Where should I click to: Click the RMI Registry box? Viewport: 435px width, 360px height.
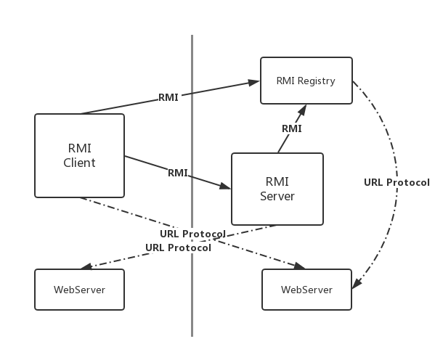pos(306,81)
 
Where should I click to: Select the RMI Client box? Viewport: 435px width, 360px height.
pos(79,155)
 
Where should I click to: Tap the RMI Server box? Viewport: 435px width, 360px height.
pos(277,188)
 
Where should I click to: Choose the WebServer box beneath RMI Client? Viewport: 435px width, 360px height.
pos(79,290)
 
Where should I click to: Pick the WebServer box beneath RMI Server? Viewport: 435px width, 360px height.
pos(306,290)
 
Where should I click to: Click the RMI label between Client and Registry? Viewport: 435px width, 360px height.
pos(168,97)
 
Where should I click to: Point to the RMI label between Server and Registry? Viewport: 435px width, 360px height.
pos(291,128)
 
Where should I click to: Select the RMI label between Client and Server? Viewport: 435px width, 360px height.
pos(178,173)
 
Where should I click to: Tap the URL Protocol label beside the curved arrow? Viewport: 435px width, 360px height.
pos(397,182)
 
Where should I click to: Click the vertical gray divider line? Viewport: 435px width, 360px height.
pos(192,305)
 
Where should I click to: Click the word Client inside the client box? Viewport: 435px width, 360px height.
pos(79,163)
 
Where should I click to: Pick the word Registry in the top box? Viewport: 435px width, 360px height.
pos(317,81)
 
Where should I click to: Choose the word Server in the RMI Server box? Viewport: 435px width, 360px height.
pos(277,196)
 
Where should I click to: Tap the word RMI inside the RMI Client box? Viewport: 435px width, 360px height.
pos(79,148)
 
